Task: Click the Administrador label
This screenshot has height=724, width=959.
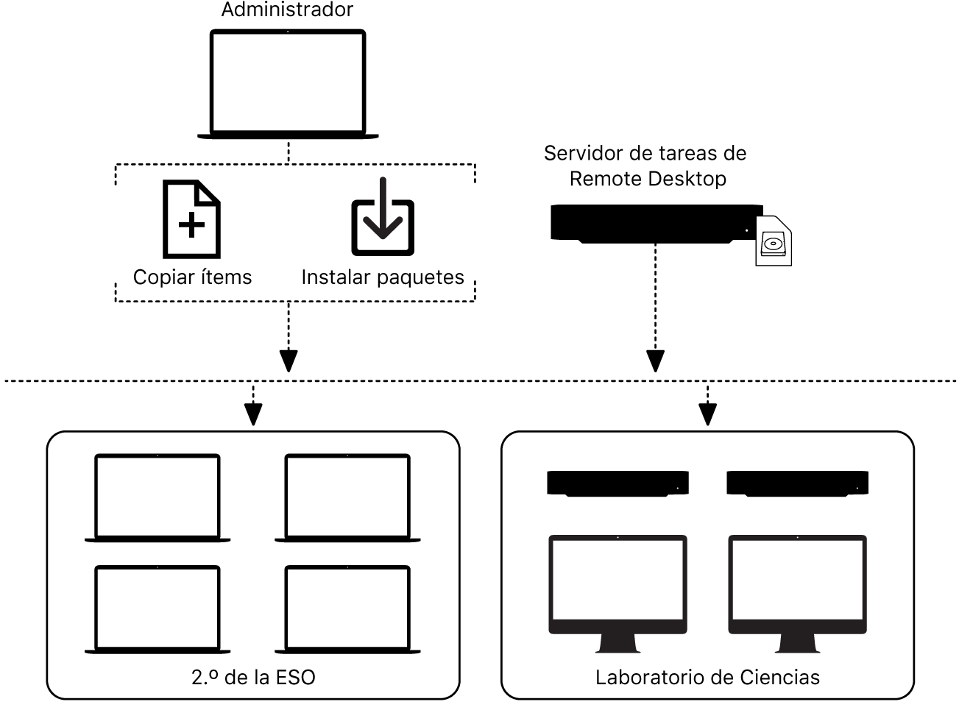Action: [287, 10]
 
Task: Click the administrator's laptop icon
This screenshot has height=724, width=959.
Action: [288, 83]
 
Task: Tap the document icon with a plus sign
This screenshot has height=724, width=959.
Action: [191, 219]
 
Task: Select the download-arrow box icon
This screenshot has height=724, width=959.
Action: [382, 219]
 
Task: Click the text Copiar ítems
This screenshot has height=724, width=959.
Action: [192, 277]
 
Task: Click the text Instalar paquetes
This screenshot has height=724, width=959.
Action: [383, 277]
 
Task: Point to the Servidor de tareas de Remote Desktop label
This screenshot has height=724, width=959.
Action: [645, 166]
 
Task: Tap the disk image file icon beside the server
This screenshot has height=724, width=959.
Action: [774, 241]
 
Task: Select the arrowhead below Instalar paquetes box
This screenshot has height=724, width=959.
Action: [289, 361]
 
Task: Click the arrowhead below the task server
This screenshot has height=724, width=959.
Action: [655, 361]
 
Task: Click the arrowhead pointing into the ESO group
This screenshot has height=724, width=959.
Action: [252, 415]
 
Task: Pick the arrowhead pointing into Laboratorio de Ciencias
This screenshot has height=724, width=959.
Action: [707, 415]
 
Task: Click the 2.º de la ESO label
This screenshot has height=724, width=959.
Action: [253, 678]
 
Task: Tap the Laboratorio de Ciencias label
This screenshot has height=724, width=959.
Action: [707, 678]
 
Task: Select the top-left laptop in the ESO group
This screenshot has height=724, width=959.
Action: [158, 497]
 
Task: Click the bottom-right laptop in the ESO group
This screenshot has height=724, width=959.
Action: [347, 608]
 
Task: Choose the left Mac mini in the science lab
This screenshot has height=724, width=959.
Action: [617, 483]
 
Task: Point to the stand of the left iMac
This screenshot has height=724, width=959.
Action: [617, 643]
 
